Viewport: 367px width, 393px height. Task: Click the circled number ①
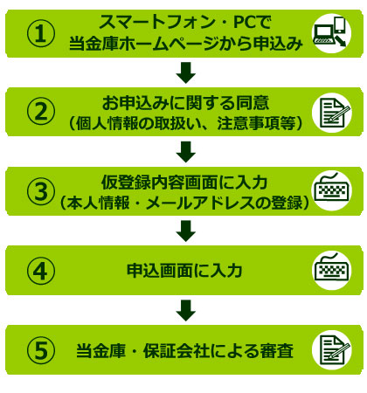41,34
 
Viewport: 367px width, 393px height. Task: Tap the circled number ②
41,112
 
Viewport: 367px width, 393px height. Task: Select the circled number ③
41,191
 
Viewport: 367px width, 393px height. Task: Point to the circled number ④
41,271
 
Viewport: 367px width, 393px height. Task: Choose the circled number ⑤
41,350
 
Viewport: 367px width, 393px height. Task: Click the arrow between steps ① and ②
186,72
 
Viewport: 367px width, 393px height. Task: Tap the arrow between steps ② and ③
186,152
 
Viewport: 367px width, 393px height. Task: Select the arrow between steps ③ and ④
186,231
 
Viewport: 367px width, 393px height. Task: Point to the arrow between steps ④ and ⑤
186,311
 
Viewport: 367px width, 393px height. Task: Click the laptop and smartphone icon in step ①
332,33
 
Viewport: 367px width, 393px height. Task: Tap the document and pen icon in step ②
332,113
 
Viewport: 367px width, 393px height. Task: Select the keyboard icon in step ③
331,190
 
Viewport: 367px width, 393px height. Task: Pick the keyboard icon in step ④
331,269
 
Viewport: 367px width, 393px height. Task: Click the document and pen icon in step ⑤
332,350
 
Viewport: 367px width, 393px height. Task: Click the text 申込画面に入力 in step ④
184,271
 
